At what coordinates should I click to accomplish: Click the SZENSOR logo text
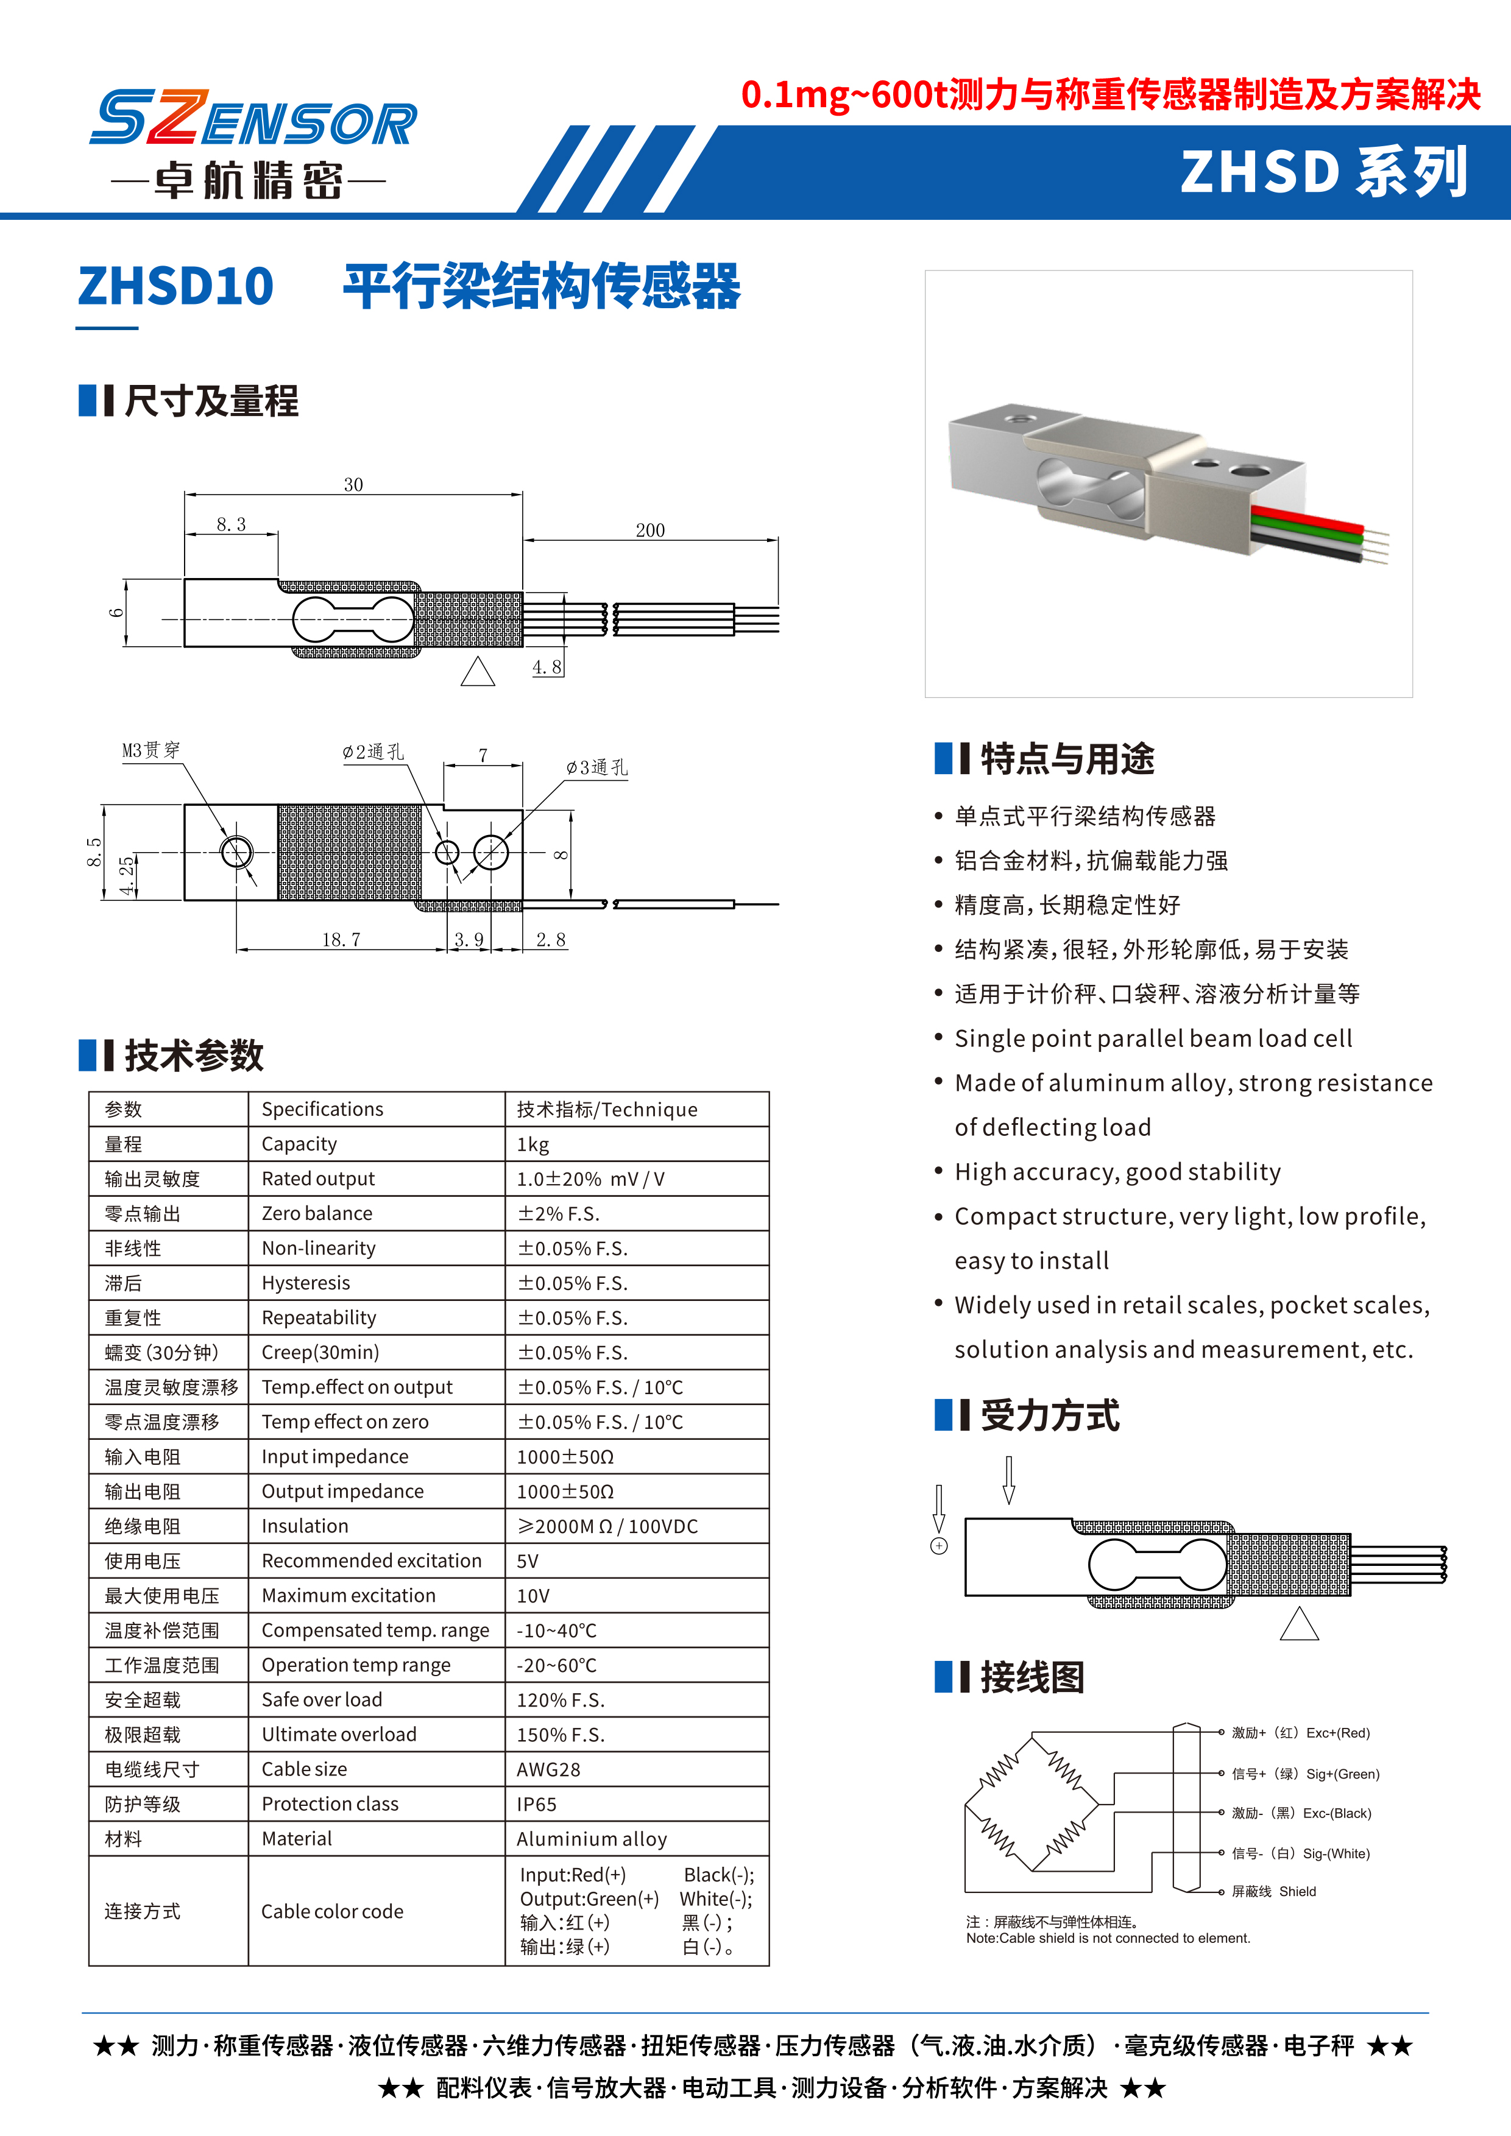[253, 119]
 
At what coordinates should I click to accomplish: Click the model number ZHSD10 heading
[176, 286]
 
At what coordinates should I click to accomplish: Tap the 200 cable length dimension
[649, 530]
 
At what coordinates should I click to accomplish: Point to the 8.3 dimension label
[231, 524]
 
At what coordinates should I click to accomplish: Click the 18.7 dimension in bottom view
[341, 940]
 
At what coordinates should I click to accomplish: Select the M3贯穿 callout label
[150, 750]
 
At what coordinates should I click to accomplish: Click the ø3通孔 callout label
[596, 767]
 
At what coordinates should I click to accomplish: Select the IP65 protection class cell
[537, 1804]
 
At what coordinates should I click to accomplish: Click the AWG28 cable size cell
[548, 1769]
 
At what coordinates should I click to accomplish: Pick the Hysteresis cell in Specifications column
[306, 1283]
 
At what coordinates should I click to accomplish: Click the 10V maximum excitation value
[533, 1596]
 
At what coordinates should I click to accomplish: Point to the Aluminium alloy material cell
[592, 1839]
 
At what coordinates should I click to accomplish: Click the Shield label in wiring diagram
[1297, 1891]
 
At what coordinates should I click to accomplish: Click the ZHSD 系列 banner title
[1324, 172]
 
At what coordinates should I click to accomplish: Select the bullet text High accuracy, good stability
[1117, 1172]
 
